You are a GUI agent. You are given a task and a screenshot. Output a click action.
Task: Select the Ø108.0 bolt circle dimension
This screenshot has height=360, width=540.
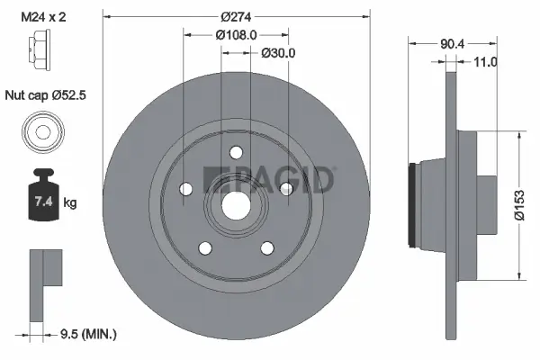(237, 34)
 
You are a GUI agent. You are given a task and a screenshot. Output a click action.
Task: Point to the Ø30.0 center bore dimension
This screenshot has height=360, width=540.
(279, 53)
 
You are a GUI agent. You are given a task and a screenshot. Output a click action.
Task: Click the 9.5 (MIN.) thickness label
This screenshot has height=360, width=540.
(87, 334)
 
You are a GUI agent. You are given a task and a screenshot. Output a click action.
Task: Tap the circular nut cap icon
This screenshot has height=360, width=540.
(42, 132)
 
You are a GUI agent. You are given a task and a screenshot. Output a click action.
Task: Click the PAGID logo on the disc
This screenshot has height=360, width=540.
(270, 178)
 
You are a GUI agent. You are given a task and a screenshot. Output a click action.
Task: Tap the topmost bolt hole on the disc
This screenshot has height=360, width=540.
(236, 153)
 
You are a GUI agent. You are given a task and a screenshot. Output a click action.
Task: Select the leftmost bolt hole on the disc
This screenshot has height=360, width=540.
(186, 189)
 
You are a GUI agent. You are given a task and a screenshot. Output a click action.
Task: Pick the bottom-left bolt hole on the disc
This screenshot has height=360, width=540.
(205, 247)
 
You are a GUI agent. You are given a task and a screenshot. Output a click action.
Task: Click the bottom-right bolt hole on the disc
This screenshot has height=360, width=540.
(267, 247)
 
